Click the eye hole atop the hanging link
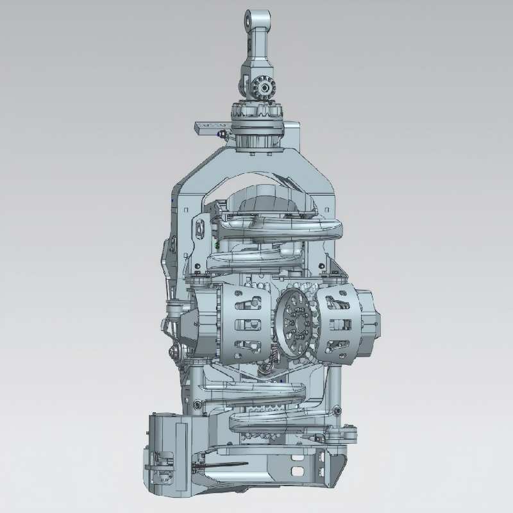click(257, 18)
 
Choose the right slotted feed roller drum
click(338, 324)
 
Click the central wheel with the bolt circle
click(296, 322)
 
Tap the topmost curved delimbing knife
click(282, 225)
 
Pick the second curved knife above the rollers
click(256, 257)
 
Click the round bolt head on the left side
click(174, 351)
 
